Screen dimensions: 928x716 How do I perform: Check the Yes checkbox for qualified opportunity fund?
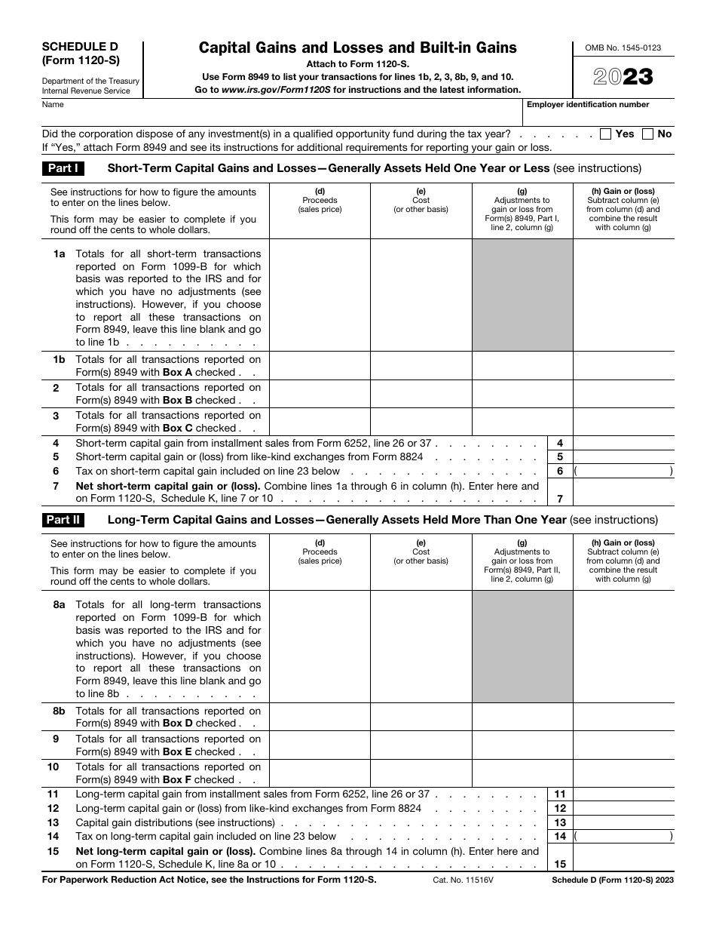(x=605, y=134)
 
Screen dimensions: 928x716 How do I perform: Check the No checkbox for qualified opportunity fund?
(x=647, y=134)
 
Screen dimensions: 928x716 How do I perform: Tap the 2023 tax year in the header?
(x=623, y=77)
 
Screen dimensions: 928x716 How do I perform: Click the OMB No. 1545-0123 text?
(x=623, y=48)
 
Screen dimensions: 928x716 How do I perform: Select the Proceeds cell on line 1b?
(x=320, y=366)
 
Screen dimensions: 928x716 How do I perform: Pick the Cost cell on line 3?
(x=421, y=422)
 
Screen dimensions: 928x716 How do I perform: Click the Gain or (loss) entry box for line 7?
(x=623, y=493)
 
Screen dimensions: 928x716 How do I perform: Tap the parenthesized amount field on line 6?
(x=623, y=471)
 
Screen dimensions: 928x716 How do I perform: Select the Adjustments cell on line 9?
(x=522, y=745)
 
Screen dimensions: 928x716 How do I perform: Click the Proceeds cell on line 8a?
(x=320, y=647)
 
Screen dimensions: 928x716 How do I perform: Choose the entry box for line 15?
(x=623, y=858)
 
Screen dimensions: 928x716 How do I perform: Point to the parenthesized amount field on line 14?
(x=623, y=836)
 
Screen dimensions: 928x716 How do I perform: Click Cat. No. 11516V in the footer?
(x=459, y=880)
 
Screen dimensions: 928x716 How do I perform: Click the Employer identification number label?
(x=588, y=105)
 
